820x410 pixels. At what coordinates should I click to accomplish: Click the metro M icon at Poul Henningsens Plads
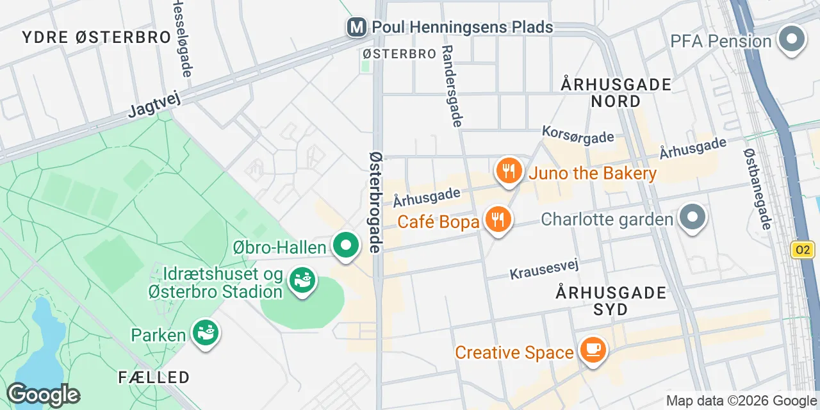tap(356, 28)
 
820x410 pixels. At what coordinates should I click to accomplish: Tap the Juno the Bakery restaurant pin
tap(508, 171)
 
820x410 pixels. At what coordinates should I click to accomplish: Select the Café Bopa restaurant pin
tap(496, 219)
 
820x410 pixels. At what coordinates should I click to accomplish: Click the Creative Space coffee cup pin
tap(593, 349)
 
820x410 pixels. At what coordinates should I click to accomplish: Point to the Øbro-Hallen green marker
tap(346, 246)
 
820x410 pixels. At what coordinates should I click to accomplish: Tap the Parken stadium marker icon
tap(206, 332)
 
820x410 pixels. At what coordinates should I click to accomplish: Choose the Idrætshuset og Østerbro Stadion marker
tap(301, 281)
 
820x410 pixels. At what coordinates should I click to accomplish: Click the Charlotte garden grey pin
tap(692, 217)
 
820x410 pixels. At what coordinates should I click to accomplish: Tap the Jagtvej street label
tap(156, 103)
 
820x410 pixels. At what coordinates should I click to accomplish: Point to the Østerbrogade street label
tap(377, 201)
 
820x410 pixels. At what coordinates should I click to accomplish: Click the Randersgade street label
tap(452, 85)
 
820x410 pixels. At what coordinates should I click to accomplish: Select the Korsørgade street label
tap(578, 135)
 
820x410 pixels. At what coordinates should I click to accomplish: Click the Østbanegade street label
tap(757, 189)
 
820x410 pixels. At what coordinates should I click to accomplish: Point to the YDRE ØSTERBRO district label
tap(96, 37)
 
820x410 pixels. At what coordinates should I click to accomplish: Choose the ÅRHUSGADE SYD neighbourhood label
tap(611, 301)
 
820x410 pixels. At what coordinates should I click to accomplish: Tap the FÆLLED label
tap(154, 377)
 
